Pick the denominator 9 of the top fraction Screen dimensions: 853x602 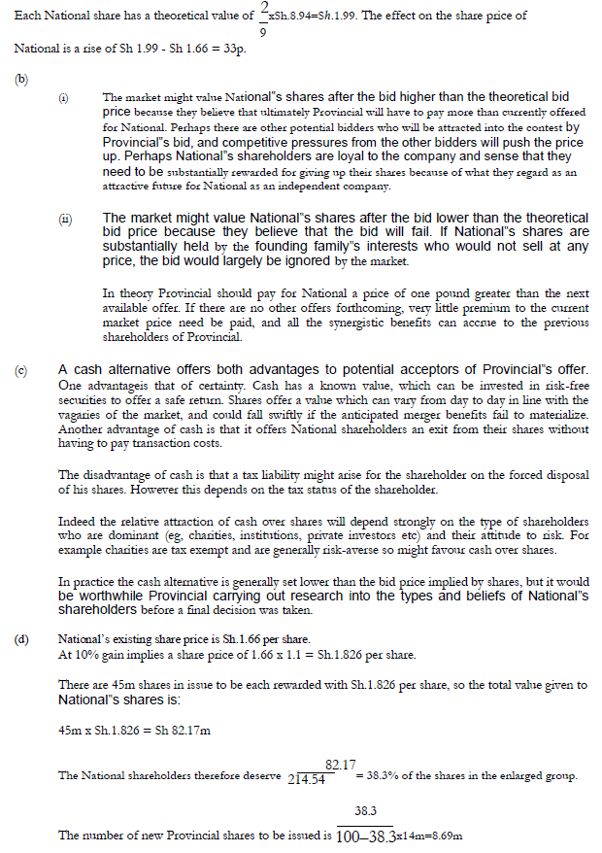263,32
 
